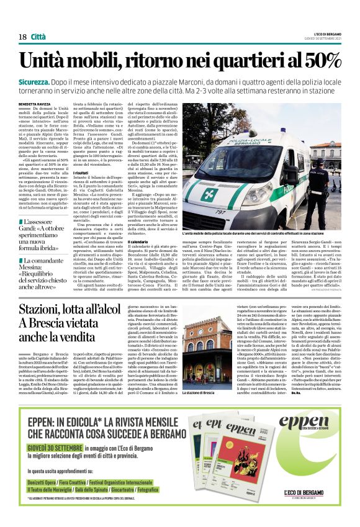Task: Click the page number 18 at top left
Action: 22,37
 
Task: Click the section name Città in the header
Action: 38,37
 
